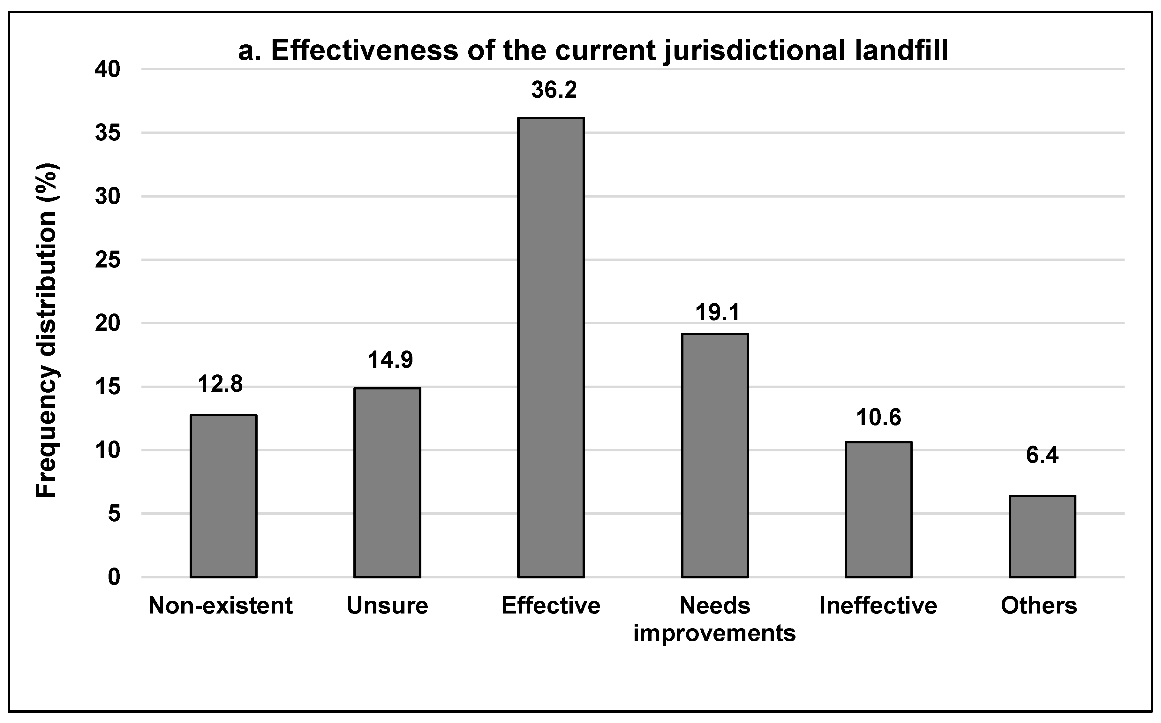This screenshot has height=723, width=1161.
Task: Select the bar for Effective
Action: [x=551, y=348]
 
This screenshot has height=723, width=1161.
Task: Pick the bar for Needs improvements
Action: [x=715, y=456]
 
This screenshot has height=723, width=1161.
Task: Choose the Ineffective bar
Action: [x=878, y=510]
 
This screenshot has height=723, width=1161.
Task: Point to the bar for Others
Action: [x=1043, y=537]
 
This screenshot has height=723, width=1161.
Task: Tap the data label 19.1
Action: [x=717, y=313]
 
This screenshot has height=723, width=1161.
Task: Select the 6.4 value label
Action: [x=1043, y=455]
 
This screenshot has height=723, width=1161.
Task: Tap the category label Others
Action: [x=1039, y=606]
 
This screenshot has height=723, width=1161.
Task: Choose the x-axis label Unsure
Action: [x=387, y=606]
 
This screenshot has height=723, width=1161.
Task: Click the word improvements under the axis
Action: [x=714, y=633]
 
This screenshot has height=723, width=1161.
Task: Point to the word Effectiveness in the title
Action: [x=364, y=51]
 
